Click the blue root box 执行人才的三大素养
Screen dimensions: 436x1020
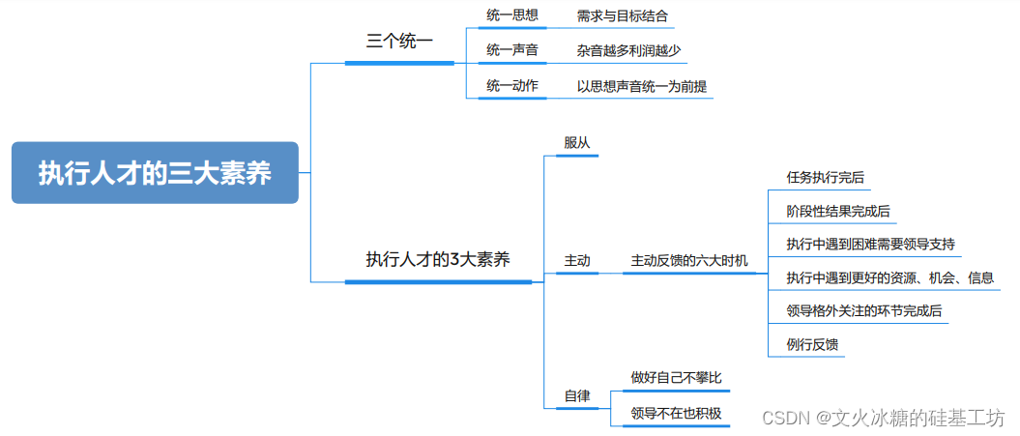click(x=155, y=173)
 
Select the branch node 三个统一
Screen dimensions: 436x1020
click(x=399, y=42)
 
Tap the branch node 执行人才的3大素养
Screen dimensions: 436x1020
click(x=438, y=259)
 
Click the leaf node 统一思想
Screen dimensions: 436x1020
click(x=512, y=15)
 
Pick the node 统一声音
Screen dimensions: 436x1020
click(x=512, y=50)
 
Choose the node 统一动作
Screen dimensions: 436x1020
click(x=512, y=86)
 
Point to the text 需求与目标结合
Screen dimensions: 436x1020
click(x=622, y=16)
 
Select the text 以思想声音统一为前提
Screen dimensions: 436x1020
click(x=642, y=86)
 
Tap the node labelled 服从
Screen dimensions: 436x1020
click(x=577, y=142)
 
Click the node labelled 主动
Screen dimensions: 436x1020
click(x=577, y=261)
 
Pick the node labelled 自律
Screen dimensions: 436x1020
click(x=577, y=397)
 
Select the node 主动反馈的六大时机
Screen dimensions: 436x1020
click(x=689, y=261)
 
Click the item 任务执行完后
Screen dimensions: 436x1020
click(x=826, y=177)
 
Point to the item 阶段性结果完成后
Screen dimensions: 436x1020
click(x=838, y=211)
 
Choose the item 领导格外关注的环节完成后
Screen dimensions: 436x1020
click(x=864, y=311)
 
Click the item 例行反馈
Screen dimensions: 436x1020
click(x=812, y=345)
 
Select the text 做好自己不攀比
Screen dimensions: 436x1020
click(x=676, y=377)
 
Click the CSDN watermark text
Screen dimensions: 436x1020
click(x=883, y=418)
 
